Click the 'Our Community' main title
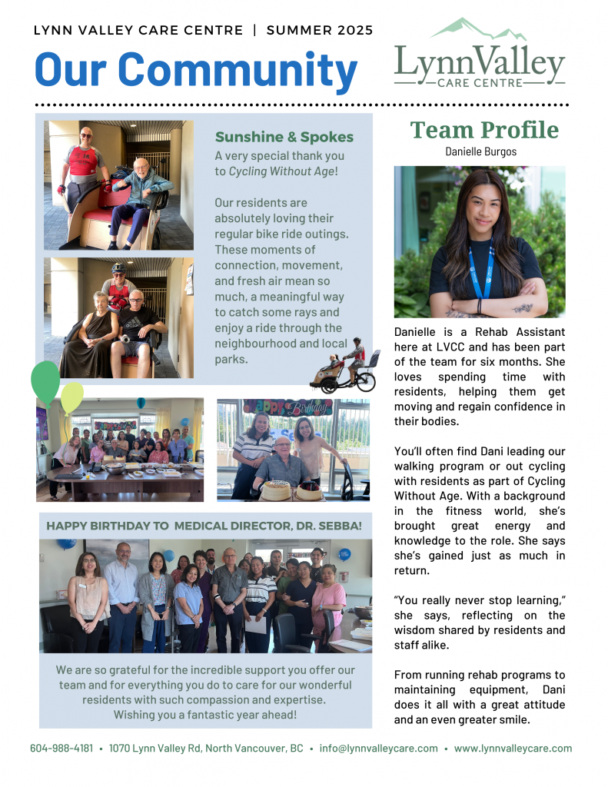coord(196,70)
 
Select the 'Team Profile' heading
coord(484,129)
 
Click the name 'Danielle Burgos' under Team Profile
coord(480,151)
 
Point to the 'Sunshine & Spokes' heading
coord(284,138)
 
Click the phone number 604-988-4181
coord(61,748)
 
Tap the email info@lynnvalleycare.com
coord(379,748)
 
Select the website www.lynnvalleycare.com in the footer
coord(513,748)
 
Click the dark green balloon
coord(45,380)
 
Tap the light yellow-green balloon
coord(71,396)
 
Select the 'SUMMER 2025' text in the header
coord(320,31)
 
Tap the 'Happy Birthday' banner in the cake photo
coord(287,407)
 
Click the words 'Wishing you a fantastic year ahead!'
coord(205,715)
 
